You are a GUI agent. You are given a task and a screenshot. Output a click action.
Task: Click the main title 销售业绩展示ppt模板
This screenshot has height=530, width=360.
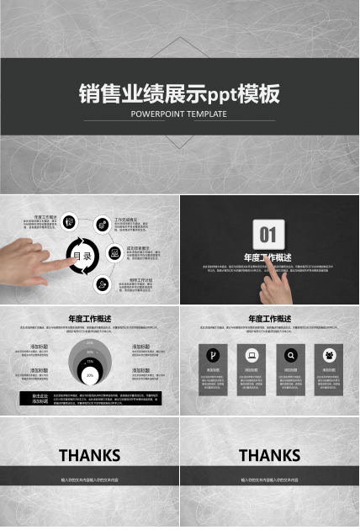(x=178, y=93)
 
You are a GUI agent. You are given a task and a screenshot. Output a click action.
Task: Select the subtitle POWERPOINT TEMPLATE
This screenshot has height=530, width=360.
(x=178, y=114)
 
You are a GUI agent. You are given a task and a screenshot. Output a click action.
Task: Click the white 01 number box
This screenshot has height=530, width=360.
(x=268, y=234)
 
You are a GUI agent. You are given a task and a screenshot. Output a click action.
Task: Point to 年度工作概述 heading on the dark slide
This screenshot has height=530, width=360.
(x=268, y=257)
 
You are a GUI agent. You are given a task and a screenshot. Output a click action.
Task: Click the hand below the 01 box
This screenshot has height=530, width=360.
(x=273, y=286)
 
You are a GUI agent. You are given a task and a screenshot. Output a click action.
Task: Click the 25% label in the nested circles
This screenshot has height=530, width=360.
(x=90, y=343)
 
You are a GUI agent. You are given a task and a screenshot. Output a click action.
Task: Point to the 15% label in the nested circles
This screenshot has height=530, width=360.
(x=90, y=360)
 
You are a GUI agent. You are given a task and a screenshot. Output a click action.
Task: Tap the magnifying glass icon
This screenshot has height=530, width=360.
(x=290, y=354)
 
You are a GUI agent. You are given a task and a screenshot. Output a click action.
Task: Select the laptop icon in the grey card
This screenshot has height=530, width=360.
(x=251, y=354)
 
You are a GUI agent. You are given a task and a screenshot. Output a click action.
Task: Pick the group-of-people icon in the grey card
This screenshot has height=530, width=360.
(x=328, y=354)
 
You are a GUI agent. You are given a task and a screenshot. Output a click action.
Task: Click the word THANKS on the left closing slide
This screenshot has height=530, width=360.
(x=89, y=455)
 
